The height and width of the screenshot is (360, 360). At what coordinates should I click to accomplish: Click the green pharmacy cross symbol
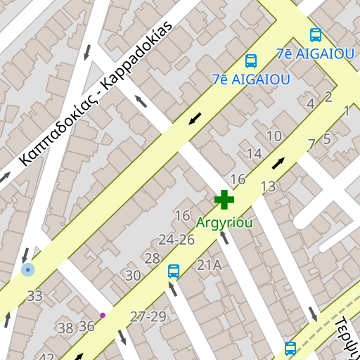coord(224,200)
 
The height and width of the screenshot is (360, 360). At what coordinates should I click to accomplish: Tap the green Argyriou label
coord(224,222)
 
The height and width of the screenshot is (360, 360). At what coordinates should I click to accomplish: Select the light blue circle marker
coord(27,269)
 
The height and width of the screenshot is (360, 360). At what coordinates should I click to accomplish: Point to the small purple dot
coord(103,315)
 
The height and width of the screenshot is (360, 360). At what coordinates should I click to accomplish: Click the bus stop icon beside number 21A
coord(174,271)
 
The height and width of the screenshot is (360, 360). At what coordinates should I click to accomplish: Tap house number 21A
coord(209,265)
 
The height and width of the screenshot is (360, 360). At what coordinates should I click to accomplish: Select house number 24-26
coord(176,240)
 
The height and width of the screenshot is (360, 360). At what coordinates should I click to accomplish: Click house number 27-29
coord(148,316)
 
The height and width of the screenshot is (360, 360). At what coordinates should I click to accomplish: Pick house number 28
coord(152,258)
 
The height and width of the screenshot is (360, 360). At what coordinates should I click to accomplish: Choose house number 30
coord(133,276)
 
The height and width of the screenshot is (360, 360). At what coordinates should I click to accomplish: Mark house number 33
coord(34,296)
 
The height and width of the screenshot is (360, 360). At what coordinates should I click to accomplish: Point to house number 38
coord(65,328)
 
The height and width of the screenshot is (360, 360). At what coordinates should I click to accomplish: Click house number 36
coord(86,326)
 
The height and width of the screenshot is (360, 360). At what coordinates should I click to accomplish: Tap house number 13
coord(268,186)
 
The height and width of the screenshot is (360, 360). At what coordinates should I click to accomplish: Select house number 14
coord(254,153)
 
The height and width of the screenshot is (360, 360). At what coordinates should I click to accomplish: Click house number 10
coord(274,136)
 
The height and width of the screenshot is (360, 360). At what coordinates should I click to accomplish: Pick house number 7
coord(311,144)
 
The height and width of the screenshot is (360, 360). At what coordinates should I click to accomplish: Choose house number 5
coord(326,139)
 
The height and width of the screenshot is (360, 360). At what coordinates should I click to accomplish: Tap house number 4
coord(311,104)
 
